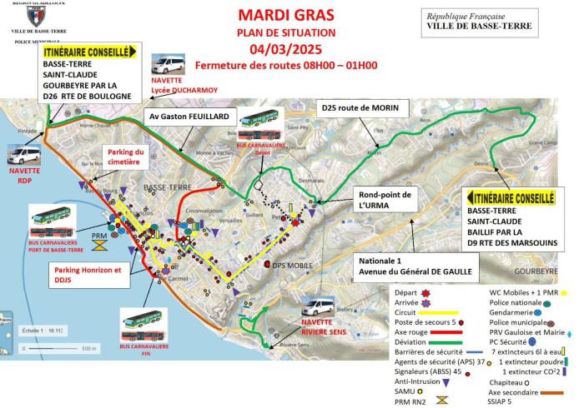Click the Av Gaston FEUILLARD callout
point(190,118)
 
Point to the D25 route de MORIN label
point(360,108)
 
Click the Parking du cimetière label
point(124,157)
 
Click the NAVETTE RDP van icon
point(21,153)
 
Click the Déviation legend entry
point(412,340)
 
